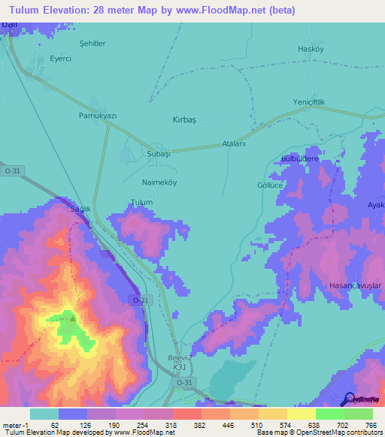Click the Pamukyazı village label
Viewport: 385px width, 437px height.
[98, 116]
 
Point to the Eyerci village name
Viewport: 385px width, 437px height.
[60, 59]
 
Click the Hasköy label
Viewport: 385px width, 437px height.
[310, 49]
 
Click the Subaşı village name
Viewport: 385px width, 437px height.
[159, 153]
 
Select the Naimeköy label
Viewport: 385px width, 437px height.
[160, 182]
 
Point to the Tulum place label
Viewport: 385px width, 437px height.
[141, 203]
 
